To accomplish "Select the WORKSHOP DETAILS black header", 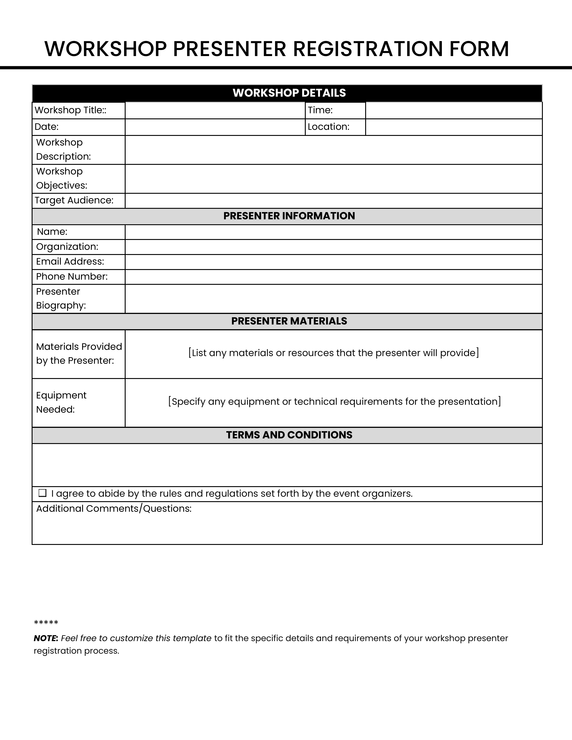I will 289,93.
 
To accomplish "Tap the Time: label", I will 320,110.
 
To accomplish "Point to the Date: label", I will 46,127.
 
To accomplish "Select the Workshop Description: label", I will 63,149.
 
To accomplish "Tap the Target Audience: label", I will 74,200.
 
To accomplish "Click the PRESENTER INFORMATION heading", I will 289,216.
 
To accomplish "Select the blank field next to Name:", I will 333,232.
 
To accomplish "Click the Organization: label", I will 67,247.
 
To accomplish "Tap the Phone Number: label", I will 72,276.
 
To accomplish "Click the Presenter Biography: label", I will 61,298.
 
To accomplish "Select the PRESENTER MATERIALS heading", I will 289,321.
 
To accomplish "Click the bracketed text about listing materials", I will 333,353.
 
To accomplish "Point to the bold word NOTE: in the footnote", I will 46,638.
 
